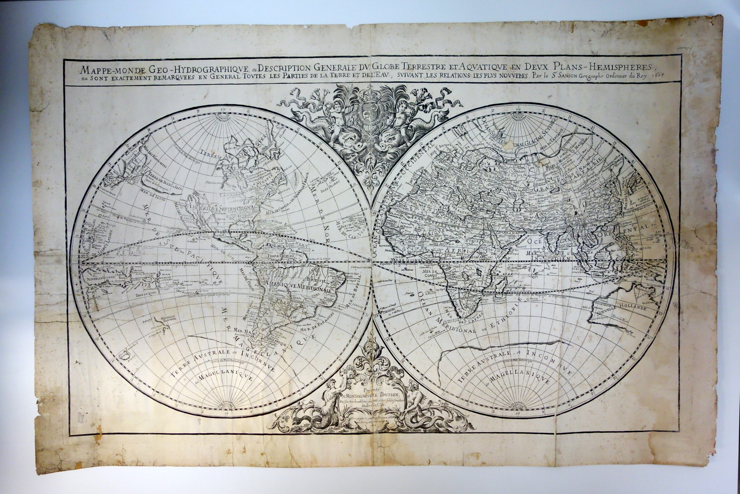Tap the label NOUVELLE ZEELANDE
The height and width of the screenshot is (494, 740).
click(165, 320)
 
